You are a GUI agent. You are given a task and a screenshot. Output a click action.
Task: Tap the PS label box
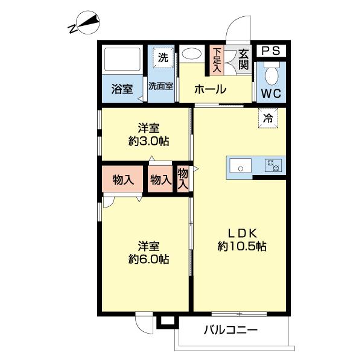[x=271, y=51]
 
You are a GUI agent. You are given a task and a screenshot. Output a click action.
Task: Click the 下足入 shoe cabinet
[x=217, y=59]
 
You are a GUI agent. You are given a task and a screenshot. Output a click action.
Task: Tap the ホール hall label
[x=210, y=90]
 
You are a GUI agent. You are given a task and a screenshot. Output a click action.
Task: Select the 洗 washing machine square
[x=162, y=58]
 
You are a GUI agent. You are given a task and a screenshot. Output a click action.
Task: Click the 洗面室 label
[x=160, y=86]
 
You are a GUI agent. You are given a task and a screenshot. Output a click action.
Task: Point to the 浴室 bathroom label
[x=122, y=89]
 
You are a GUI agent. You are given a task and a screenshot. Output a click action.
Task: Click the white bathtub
[x=122, y=59]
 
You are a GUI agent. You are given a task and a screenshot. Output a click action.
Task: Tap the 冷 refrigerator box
[x=268, y=118]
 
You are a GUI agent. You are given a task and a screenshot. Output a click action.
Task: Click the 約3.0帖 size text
[x=148, y=142]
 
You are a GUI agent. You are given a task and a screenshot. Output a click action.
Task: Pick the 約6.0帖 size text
[x=148, y=259]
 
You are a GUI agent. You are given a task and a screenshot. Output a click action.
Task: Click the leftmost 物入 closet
[x=122, y=179]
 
